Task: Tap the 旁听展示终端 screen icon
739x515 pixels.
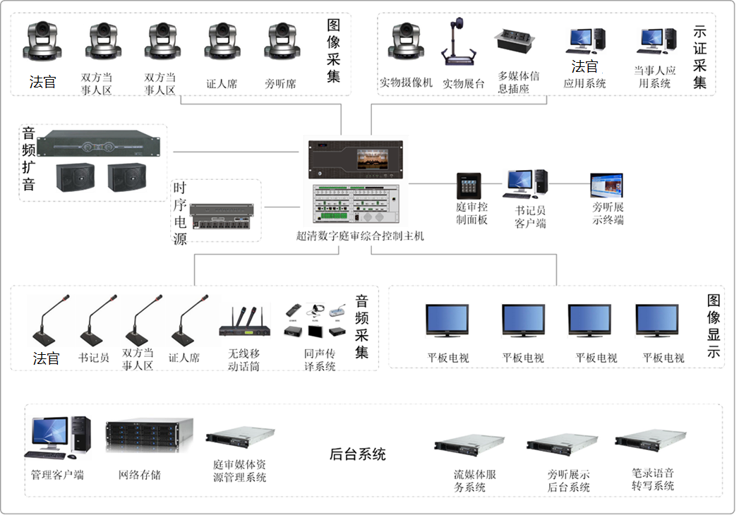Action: tap(606, 186)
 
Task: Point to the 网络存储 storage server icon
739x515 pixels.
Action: tap(149, 438)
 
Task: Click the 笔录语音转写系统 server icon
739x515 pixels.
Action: tap(650, 441)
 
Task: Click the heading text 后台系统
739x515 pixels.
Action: tap(358, 454)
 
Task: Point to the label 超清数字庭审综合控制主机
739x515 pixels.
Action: tap(359, 236)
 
